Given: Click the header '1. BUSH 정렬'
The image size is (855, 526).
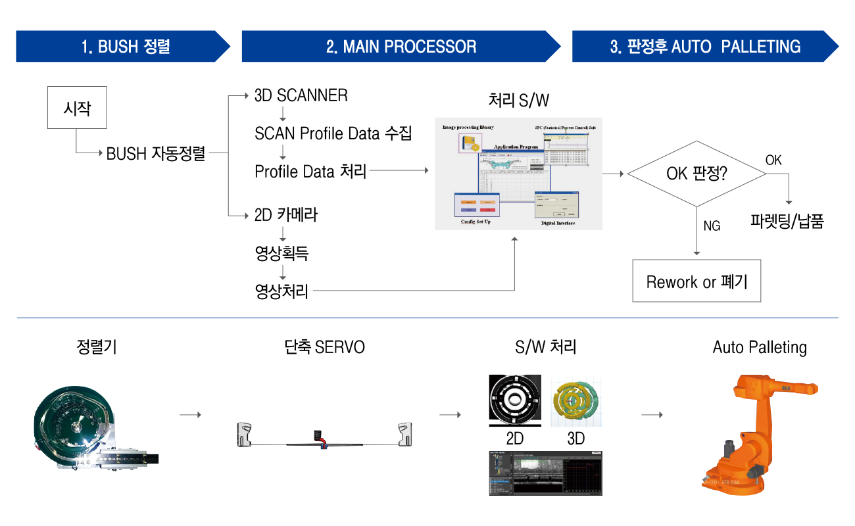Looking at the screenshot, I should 125,47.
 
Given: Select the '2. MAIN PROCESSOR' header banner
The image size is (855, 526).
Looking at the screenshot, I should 401,47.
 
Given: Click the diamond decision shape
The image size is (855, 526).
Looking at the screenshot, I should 696,174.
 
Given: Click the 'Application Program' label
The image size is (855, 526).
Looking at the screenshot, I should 516,147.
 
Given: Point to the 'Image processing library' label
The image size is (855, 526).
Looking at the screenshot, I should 468,127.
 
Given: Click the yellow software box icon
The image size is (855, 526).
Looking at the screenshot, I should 470,143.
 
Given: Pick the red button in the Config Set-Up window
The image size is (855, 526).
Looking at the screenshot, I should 489,209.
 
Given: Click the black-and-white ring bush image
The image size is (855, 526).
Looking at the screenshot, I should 515,399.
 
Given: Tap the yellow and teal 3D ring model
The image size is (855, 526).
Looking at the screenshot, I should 575,400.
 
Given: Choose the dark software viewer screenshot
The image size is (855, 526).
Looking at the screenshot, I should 545,472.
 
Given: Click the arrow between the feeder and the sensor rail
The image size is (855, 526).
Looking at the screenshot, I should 190,415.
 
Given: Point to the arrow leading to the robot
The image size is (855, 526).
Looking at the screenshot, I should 652,415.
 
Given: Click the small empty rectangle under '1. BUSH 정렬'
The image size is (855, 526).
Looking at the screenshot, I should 77,107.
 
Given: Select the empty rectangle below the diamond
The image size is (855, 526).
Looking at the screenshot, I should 696,281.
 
